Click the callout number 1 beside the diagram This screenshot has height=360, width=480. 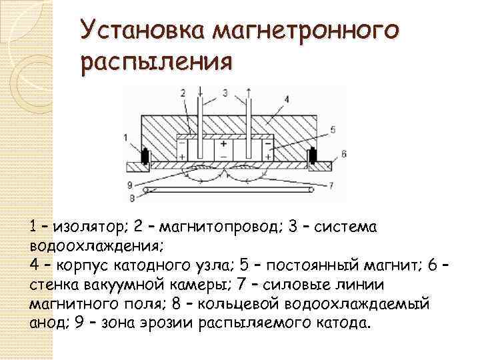pyautogui.click(x=125, y=137)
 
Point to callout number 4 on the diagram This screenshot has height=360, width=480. pyautogui.click(x=286, y=99)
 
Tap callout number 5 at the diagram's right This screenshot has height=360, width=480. pyautogui.click(x=333, y=130)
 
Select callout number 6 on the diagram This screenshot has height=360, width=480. pyautogui.click(x=344, y=153)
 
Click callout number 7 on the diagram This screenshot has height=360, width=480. pyautogui.click(x=332, y=184)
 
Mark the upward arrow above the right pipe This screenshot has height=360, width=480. pyautogui.click(x=249, y=92)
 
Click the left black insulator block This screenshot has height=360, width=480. pyautogui.click(x=145, y=158)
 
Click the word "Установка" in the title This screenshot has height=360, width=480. pyautogui.click(x=137, y=30)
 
